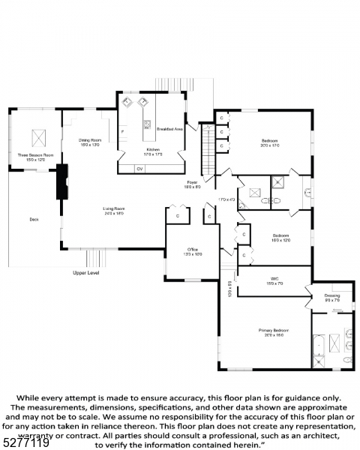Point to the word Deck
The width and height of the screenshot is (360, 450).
pos(33,219)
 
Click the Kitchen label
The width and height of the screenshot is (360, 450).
pos(153,150)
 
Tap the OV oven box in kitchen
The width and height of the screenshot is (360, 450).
pos(139,169)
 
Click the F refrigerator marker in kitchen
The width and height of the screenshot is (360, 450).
pos(123,132)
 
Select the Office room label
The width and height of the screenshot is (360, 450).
pos(192,250)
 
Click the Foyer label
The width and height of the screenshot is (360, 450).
pos(193,182)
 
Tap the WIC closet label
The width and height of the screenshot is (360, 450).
pos(274,280)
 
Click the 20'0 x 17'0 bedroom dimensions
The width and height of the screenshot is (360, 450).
pos(271,145)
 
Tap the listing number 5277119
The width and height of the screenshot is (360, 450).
pos(25,442)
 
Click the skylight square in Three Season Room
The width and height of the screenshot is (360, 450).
pos(38,138)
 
